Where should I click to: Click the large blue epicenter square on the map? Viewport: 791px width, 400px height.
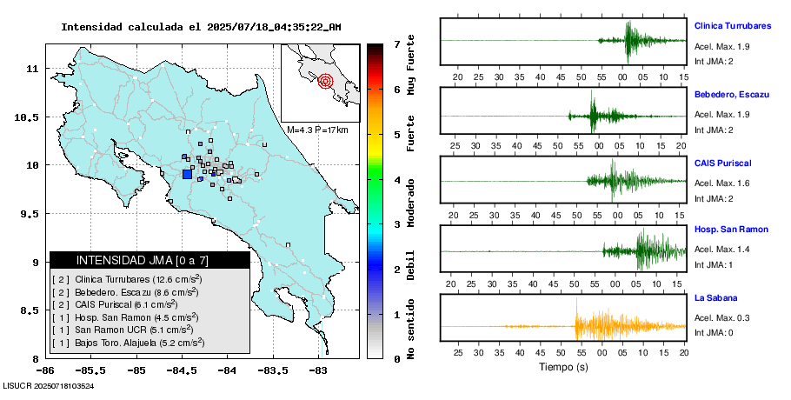coord(187,174)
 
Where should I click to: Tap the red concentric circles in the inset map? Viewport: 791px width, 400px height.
coord(326,82)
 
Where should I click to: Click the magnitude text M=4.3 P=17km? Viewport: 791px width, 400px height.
coord(317,130)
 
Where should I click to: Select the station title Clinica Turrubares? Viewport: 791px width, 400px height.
coord(734,26)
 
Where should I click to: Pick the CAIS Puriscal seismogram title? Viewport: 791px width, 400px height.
coord(722,163)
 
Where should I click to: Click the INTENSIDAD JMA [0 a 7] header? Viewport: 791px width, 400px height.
coord(150,260)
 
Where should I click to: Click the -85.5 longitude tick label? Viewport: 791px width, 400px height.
coord(136,370)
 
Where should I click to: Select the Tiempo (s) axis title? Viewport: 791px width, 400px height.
coord(563,367)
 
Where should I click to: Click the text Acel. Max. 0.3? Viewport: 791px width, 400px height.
coord(722,318)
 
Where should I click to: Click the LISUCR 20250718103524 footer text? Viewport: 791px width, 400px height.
coord(49,385)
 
